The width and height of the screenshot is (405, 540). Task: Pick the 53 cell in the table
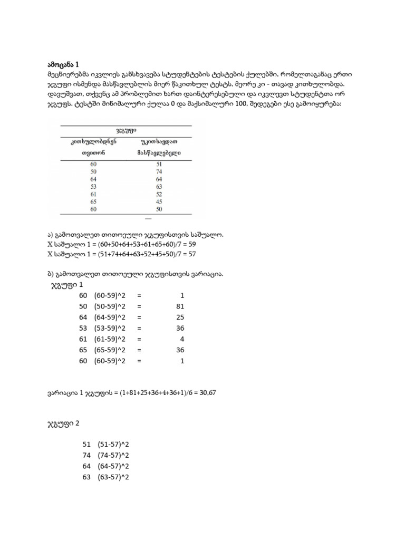(x=94, y=187)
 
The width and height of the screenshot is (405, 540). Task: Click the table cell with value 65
(x=94, y=201)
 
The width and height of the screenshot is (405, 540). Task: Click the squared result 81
(x=180, y=306)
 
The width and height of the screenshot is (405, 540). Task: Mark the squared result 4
(x=182, y=338)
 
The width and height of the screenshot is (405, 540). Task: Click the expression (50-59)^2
(x=110, y=306)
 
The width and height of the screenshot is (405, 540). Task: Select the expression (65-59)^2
(x=110, y=349)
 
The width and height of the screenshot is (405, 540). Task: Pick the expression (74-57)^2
(x=113, y=455)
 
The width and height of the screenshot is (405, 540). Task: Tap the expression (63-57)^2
(x=113, y=477)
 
